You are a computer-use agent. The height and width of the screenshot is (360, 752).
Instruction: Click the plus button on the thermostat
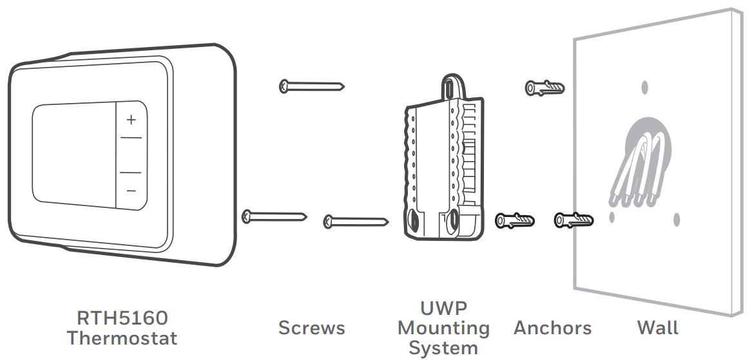pos(131,120)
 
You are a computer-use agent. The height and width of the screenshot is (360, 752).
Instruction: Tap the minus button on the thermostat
pos(131,191)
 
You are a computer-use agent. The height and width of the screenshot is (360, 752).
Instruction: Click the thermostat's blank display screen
pos(74,155)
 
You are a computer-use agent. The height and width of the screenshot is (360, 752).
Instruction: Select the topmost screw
pos(312,86)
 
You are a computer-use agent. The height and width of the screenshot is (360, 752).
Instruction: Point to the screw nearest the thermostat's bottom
pos(275,216)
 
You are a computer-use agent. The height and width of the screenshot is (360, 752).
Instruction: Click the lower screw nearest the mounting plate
pos(356,222)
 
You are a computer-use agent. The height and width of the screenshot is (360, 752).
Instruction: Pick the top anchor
pos(545,88)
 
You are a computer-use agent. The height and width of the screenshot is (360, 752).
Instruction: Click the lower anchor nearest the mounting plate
pos(515,221)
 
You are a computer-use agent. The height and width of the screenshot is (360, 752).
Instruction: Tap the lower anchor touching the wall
pos(574,220)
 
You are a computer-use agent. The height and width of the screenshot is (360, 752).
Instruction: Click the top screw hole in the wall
pos(644,87)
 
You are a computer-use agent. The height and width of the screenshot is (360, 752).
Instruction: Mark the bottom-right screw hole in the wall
pos(676,220)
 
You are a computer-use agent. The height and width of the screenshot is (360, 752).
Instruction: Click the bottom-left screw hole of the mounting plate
pos(412,222)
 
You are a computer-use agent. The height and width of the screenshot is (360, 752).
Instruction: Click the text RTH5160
pos(122,317)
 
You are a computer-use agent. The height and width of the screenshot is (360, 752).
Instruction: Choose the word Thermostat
pos(122,338)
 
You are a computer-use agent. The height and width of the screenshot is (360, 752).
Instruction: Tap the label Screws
pos(312,328)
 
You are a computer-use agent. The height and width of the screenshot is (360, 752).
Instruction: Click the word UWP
pos(443,308)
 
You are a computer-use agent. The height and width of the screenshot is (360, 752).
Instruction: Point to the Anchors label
pos(552,328)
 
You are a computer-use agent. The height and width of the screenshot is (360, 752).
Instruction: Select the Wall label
pos(658,328)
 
